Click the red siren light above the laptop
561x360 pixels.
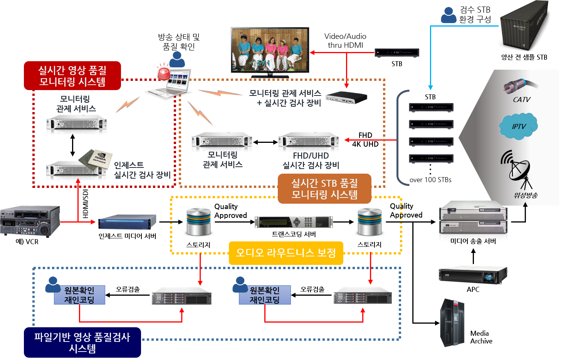pos(163,73)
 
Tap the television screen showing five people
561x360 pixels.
pos(270,49)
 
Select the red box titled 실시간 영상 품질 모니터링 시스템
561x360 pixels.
pos(72,76)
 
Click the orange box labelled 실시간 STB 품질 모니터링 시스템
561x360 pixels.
pos(324,189)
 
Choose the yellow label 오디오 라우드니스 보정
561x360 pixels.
pos(286,253)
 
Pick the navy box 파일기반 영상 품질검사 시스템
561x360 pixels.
pos(82,343)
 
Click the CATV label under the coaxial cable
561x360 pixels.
pos(522,100)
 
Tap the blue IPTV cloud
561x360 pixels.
pos(518,126)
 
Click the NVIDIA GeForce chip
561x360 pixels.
pos(96,159)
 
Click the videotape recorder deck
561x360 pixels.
pos(30,221)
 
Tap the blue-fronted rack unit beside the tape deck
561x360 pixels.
pos(127,222)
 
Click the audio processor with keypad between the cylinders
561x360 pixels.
pos(294,222)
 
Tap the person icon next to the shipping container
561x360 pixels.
pos(448,15)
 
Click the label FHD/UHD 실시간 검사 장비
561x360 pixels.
pos(311,161)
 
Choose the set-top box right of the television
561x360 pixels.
pos(397,53)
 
